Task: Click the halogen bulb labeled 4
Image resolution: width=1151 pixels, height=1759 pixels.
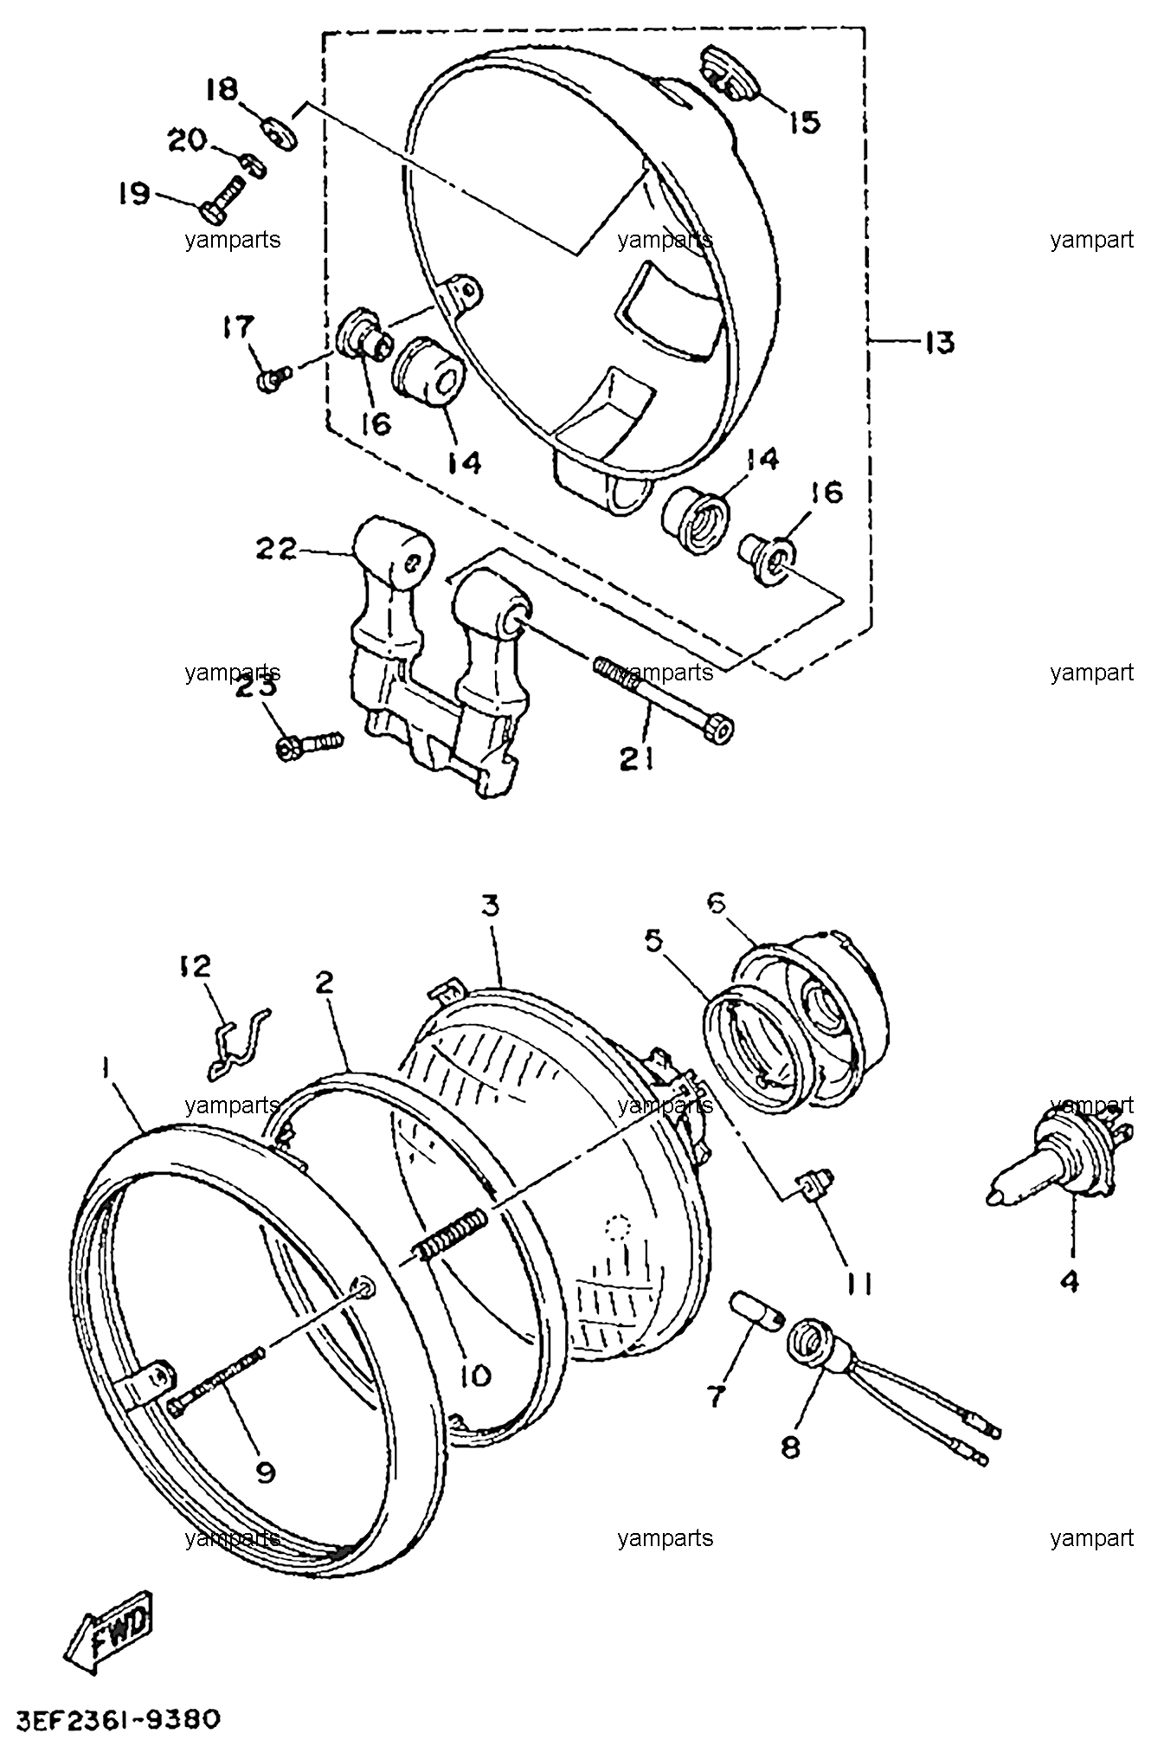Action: (1053, 1163)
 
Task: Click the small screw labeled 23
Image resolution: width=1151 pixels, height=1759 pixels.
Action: (310, 744)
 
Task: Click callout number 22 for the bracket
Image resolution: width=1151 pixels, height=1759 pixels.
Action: (274, 548)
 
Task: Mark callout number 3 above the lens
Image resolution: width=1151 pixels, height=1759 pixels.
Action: (491, 907)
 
